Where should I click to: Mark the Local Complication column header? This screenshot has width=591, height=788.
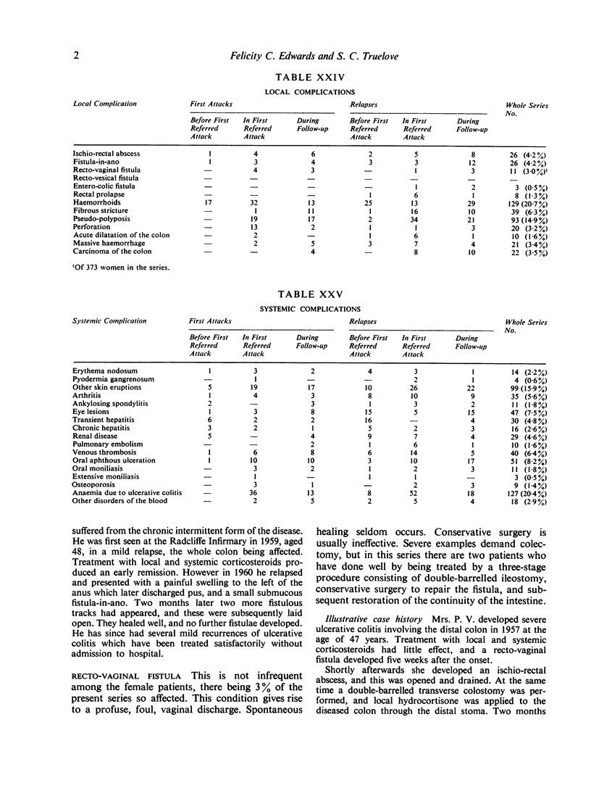point(104,104)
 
